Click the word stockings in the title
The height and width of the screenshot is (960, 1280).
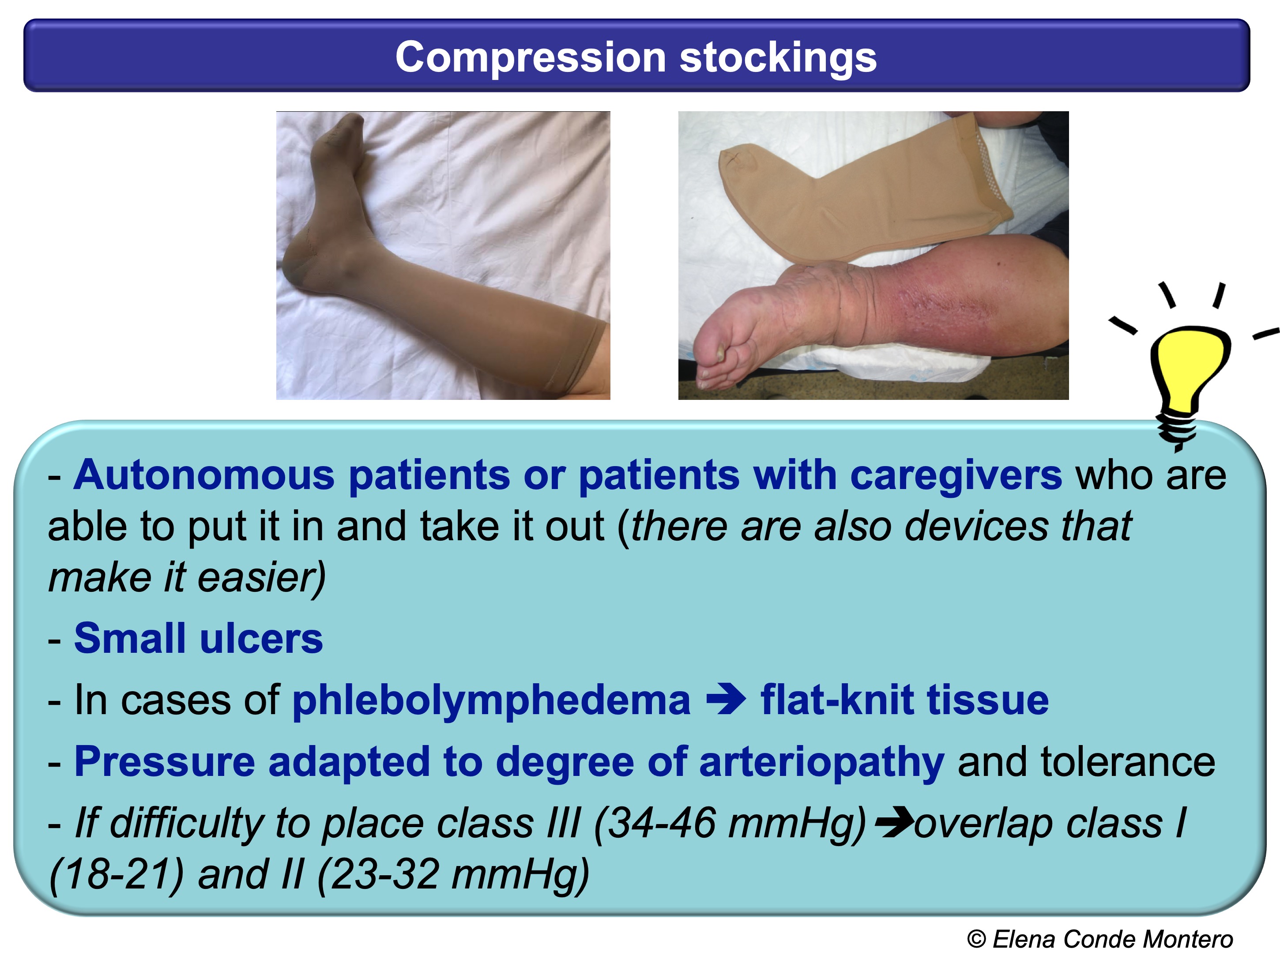point(778,57)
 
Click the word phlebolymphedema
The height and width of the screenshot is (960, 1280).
point(491,700)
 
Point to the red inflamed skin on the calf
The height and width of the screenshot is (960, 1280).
point(949,295)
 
